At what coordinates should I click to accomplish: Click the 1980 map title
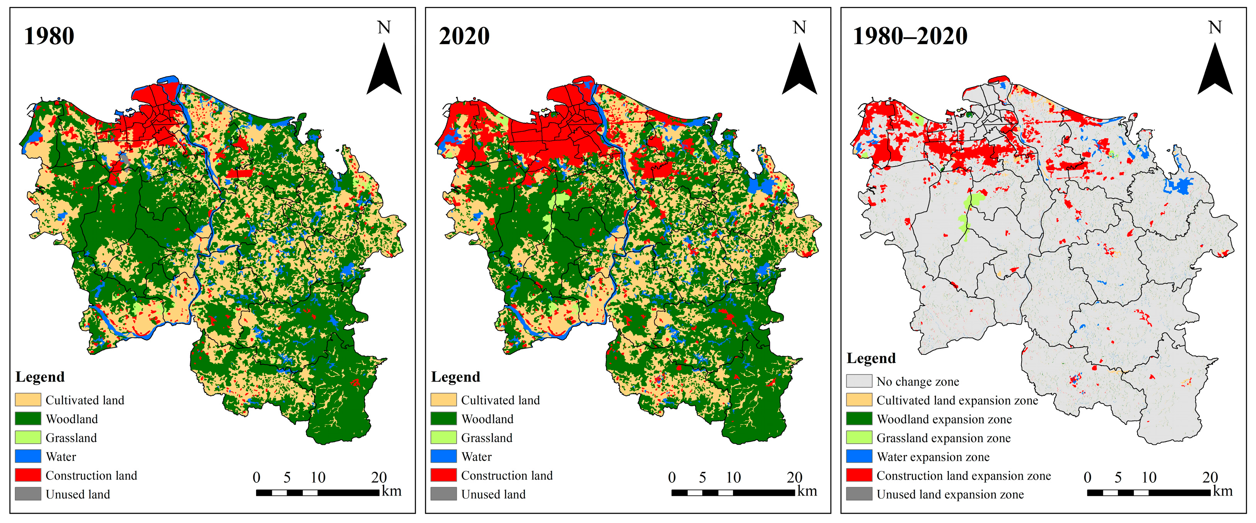click(x=49, y=36)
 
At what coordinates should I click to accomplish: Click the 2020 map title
click(x=464, y=36)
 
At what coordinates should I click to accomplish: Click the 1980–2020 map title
click(x=910, y=36)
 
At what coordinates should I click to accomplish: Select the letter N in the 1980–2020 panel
click(x=1215, y=27)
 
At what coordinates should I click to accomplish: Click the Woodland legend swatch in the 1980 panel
click(x=28, y=419)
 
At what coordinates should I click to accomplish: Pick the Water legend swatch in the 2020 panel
click(x=443, y=456)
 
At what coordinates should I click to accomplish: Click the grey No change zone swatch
click(x=859, y=381)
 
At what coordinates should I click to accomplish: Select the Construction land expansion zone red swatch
click(x=859, y=475)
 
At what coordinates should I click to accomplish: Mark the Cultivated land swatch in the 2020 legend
click(x=443, y=400)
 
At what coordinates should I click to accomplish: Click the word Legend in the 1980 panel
click(x=40, y=377)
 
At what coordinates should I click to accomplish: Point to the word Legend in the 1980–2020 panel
click(x=871, y=358)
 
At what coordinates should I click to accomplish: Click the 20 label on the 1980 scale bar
click(x=379, y=477)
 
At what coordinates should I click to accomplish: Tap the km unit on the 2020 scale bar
click(x=807, y=491)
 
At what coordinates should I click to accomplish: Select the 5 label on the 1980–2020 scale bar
click(x=1118, y=477)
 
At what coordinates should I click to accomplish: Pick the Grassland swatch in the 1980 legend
click(x=28, y=438)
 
